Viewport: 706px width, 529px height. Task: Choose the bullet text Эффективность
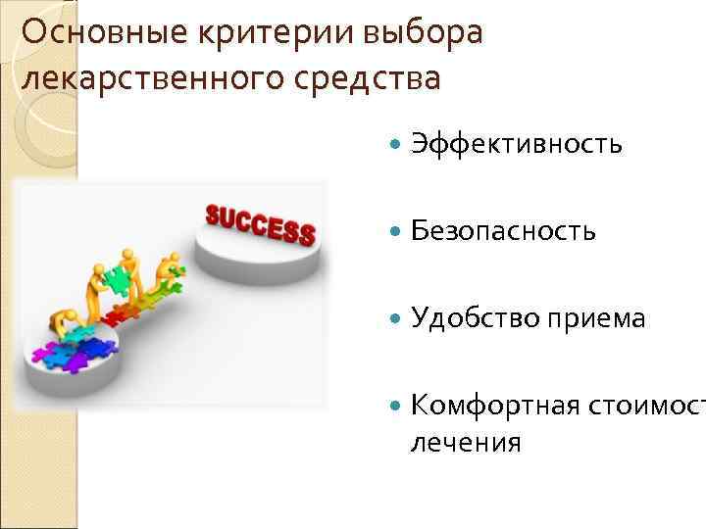(516, 144)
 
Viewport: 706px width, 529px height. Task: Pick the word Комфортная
(495, 404)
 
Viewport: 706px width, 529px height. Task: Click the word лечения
(466, 443)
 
